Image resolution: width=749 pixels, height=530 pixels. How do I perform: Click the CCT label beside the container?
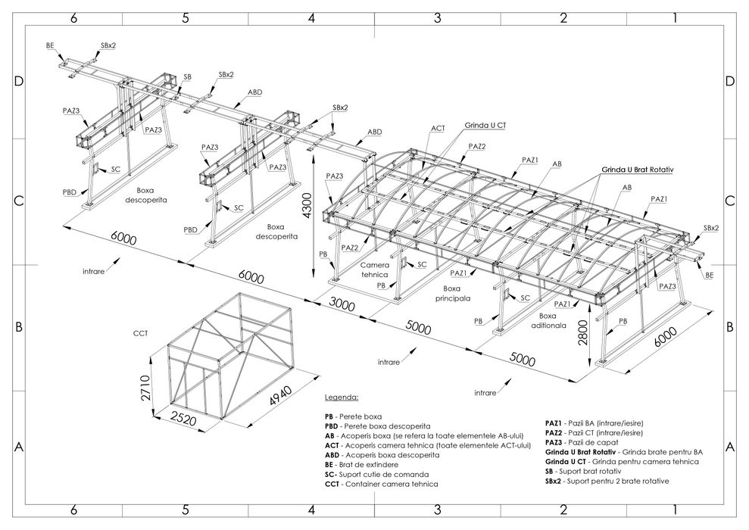click(x=140, y=332)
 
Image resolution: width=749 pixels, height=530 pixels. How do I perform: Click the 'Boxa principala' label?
click(x=453, y=293)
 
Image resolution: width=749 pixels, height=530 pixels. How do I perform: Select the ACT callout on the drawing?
click(x=438, y=129)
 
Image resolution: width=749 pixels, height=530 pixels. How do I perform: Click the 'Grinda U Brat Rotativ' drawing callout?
click(x=638, y=170)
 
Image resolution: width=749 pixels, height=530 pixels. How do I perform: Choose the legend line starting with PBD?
click(x=378, y=426)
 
